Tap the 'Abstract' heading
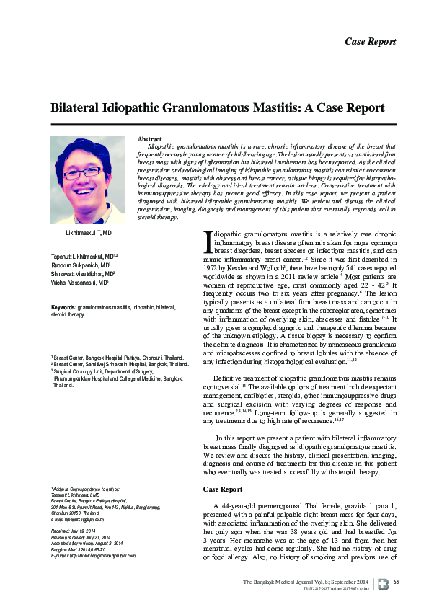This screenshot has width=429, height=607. pyautogui.click(x=149, y=138)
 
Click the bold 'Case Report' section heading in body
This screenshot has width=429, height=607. pyautogui.click(x=222, y=489)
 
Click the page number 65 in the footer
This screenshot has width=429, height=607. pyautogui.click(x=396, y=582)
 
